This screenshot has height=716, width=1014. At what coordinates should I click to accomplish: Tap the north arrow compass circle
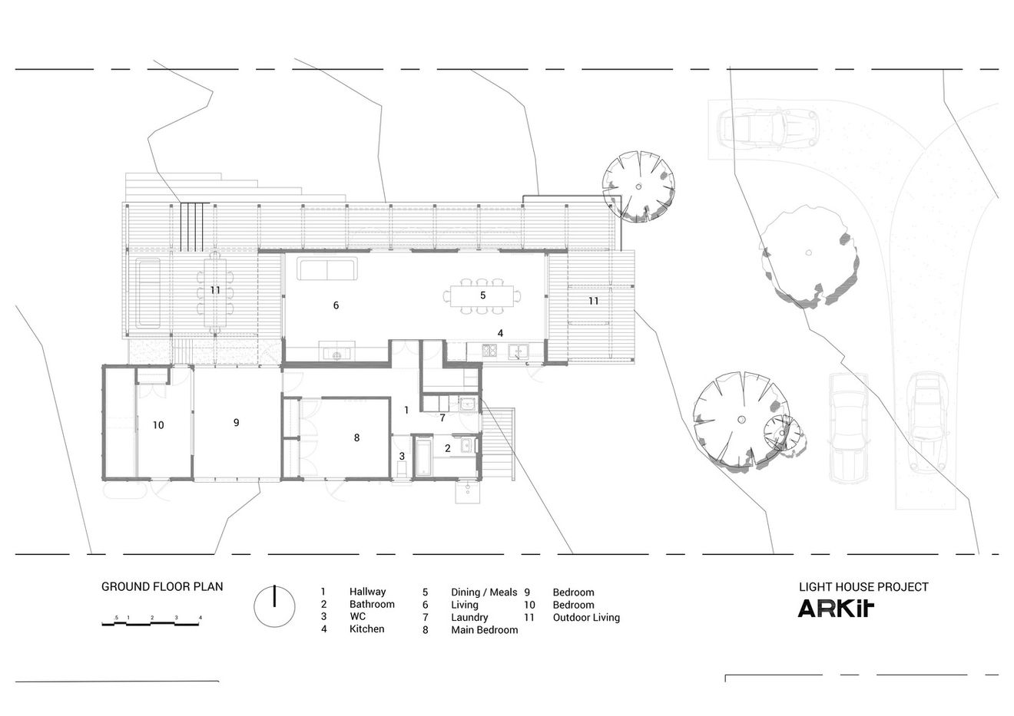pos(274,606)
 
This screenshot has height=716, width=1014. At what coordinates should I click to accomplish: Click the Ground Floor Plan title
pos(162,587)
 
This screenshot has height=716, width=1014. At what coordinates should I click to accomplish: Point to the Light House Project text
pos(863,587)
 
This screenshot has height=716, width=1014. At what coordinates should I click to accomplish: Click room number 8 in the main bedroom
pos(356,438)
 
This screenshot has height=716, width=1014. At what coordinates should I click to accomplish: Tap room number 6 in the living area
pos(336,305)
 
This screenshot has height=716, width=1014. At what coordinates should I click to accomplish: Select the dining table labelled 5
pos(482,295)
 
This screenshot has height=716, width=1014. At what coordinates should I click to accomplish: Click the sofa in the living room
pos(327,271)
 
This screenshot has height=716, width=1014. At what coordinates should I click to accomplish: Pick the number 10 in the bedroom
pos(158,424)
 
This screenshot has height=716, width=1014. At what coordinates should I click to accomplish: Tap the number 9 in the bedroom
pos(237,422)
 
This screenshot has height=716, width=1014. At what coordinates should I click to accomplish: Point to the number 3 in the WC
pos(401,456)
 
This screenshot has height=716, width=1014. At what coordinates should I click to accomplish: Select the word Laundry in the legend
pos(469,617)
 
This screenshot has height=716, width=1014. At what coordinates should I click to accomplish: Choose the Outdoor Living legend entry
pos(586,617)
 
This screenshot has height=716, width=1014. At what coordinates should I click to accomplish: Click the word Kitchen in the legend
pos(367,629)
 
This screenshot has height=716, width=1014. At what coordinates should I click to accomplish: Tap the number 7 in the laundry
pos(442,418)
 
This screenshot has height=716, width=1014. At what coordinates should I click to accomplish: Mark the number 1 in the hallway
pos(406,410)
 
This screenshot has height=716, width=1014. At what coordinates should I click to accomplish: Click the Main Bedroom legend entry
pos(484,630)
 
